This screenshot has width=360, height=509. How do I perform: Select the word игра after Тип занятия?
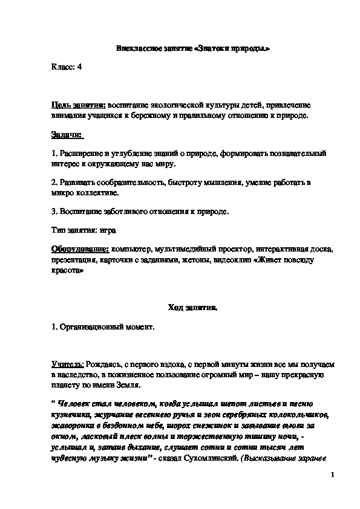tap(108, 230)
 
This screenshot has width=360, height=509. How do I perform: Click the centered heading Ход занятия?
tap(192, 308)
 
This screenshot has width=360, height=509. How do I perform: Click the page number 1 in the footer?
tap(333, 478)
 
